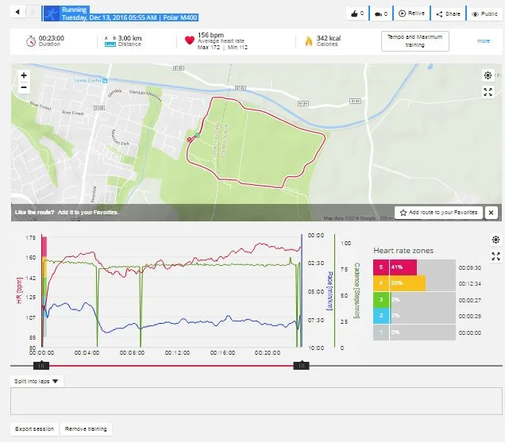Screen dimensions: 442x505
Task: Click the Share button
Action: pos(449,13)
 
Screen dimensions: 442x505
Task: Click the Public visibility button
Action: pos(484,13)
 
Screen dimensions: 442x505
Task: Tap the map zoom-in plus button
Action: pos(24,75)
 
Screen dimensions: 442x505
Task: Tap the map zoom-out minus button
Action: pos(24,87)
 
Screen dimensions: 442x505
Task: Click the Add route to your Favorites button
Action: pos(440,213)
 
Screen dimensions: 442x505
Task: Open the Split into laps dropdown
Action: pos(38,381)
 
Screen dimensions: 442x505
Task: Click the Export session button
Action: pos(34,429)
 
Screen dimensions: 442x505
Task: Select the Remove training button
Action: pos(87,429)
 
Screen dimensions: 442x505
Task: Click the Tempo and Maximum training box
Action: pos(414,41)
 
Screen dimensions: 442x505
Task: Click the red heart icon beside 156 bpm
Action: pos(189,40)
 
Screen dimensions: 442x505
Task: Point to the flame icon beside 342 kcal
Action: pos(308,40)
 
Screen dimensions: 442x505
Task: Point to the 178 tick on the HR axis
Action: pos(31,238)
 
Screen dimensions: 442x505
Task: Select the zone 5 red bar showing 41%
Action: pos(395,267)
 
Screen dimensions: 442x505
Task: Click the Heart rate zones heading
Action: pos(403,251)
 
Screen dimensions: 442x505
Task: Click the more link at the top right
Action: pos(484,40)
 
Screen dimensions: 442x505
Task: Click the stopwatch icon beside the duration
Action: pos(30,40)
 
